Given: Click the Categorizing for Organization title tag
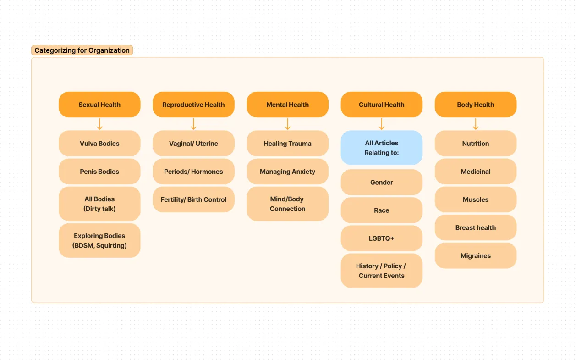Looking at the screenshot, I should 82,50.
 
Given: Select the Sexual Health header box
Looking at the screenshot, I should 99,105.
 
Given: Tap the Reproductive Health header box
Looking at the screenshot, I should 193,105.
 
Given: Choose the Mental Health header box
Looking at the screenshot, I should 287,105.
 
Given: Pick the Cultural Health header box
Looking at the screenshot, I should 381,105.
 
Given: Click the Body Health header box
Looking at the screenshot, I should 475,105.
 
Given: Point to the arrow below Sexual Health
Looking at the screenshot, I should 99,124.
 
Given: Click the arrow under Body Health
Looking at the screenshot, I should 476,124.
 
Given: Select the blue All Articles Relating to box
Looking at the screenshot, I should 381,148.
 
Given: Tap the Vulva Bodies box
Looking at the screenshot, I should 99,144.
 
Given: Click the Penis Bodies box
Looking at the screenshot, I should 99,172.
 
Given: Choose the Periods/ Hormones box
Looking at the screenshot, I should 193,172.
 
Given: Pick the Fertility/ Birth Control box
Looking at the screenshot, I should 193,199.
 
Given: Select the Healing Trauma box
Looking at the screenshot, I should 287,144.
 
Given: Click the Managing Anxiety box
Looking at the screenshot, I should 287,172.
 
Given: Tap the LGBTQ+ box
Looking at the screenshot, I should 381,238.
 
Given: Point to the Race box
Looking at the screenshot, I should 381,210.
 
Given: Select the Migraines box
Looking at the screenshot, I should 475,256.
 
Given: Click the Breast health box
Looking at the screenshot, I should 475,228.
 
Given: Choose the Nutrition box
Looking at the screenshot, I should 475,144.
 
